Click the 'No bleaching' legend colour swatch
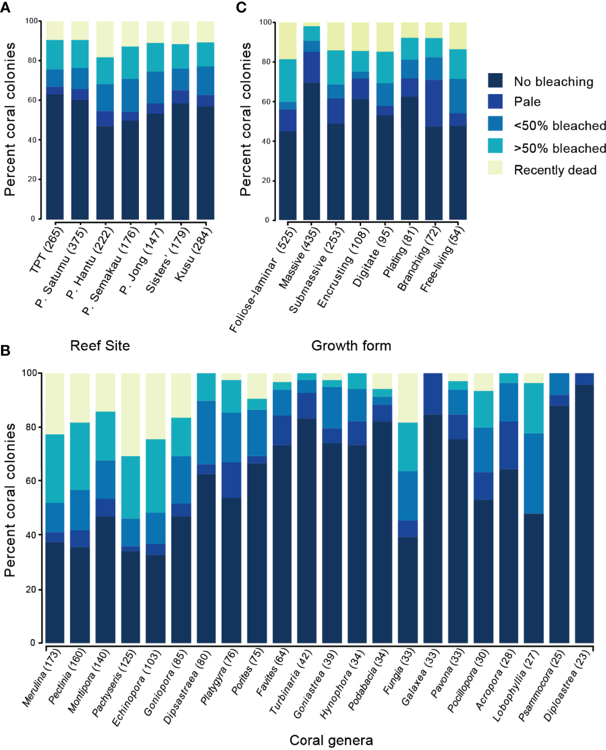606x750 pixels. click(495, 80)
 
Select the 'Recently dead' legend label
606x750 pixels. click(555, 170)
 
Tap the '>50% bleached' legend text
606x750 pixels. click(560, 148)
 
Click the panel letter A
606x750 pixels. click(5, 8)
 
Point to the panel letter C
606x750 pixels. click(241, 8)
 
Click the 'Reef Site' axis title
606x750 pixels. click(100, 345)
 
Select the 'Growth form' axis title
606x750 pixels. click(351, 345)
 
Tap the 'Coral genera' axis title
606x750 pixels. click(331, 740)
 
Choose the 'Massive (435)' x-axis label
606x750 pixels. click(299, 258)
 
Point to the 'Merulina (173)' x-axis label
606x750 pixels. click(42, 677)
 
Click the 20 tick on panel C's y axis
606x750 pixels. click(266, 181)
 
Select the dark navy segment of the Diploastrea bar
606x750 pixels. click(584, 515)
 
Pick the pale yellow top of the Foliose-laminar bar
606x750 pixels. click(288, 41)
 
